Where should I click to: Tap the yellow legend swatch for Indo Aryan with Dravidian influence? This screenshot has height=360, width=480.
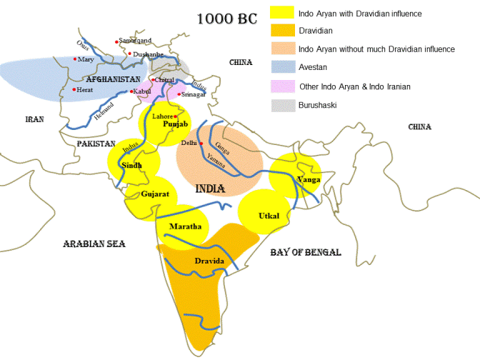(281, 13)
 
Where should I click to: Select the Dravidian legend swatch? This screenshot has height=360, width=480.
(281, 31)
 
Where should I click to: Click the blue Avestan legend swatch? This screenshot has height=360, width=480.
(281, 68)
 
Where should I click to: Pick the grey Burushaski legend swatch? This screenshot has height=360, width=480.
(281, 105)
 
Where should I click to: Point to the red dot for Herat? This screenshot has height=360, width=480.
(74, 89)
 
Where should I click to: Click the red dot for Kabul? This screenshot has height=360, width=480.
(131, 91)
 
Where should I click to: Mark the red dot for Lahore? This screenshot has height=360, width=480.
(175, 116)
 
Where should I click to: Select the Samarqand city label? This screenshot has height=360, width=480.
(135, 41)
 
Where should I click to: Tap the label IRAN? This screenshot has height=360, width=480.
(34, 119)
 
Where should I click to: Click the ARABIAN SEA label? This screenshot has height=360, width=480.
(94, 244)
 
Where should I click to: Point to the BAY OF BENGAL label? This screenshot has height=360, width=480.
(305, 252)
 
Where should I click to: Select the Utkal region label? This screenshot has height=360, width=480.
(269, 215)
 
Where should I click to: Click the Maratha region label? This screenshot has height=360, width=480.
(182, 227)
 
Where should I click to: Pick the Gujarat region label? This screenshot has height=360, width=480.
(155, 194)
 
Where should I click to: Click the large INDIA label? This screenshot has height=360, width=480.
(210, 189)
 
